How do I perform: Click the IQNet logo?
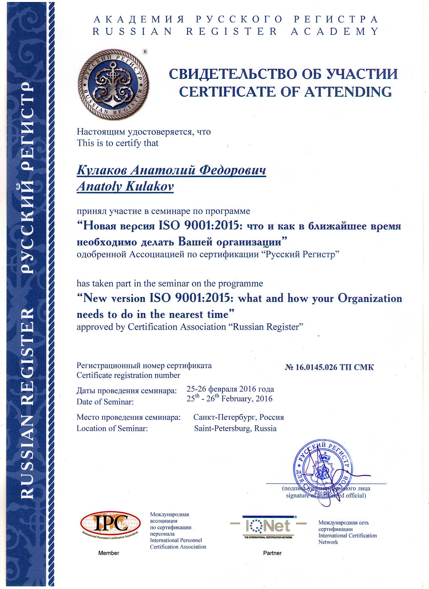click(269, 526)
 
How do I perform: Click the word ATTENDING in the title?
click(348, 92)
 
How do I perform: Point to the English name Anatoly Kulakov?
click(125, 186)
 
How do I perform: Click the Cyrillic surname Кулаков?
click(102, 170)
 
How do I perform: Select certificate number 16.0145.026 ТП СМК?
click(329, 367)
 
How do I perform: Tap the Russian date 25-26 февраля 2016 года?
click(230, 389)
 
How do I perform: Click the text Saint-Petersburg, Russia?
click(235, 428)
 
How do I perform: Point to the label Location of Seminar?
click(112, 428)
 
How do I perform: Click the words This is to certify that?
click(117, 143)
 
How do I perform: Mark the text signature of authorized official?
click(326, 495)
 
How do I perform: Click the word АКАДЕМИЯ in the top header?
click(139, 20)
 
